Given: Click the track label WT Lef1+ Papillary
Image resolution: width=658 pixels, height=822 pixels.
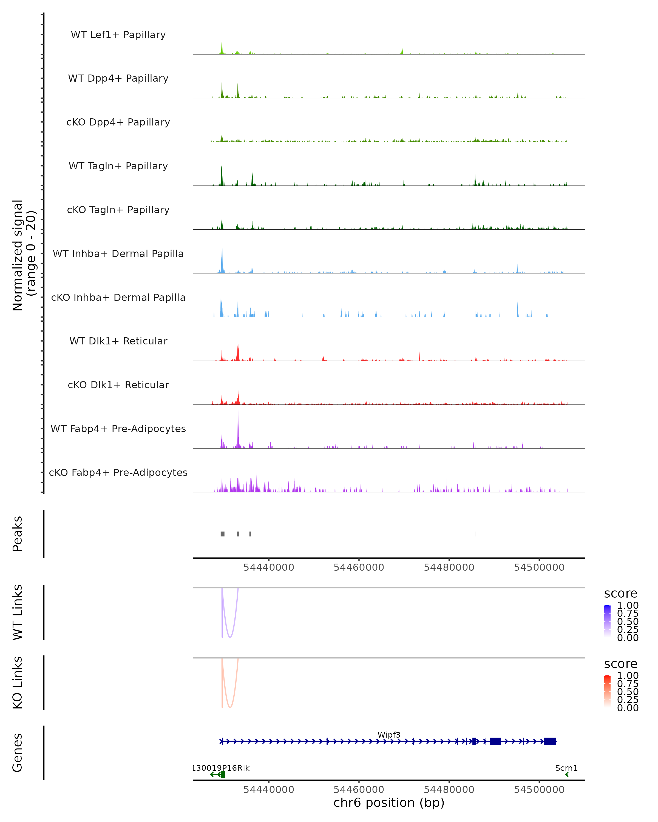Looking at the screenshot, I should coord(118,35).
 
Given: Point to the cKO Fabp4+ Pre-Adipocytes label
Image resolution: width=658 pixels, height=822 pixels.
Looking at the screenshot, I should coord(118,472).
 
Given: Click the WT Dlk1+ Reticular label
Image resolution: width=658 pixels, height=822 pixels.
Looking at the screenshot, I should coord(118,341).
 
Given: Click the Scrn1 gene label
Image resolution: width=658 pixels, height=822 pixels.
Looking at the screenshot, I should coord(566,768).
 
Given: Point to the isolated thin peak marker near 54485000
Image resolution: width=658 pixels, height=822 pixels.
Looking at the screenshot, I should coord(475,534).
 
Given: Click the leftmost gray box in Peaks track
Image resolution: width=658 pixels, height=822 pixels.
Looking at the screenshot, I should coord(222,534).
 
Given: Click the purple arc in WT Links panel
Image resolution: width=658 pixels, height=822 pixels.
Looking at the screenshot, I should coord(230,637).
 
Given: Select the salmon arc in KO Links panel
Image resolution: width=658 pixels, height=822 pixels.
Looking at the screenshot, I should coord(230,707).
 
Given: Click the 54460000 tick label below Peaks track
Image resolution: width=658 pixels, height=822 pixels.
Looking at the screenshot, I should coord(359,567).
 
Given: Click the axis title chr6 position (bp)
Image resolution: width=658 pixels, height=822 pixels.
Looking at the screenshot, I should coord(389,803).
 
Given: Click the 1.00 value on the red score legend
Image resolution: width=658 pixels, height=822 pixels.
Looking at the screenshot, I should coord(628,676).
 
